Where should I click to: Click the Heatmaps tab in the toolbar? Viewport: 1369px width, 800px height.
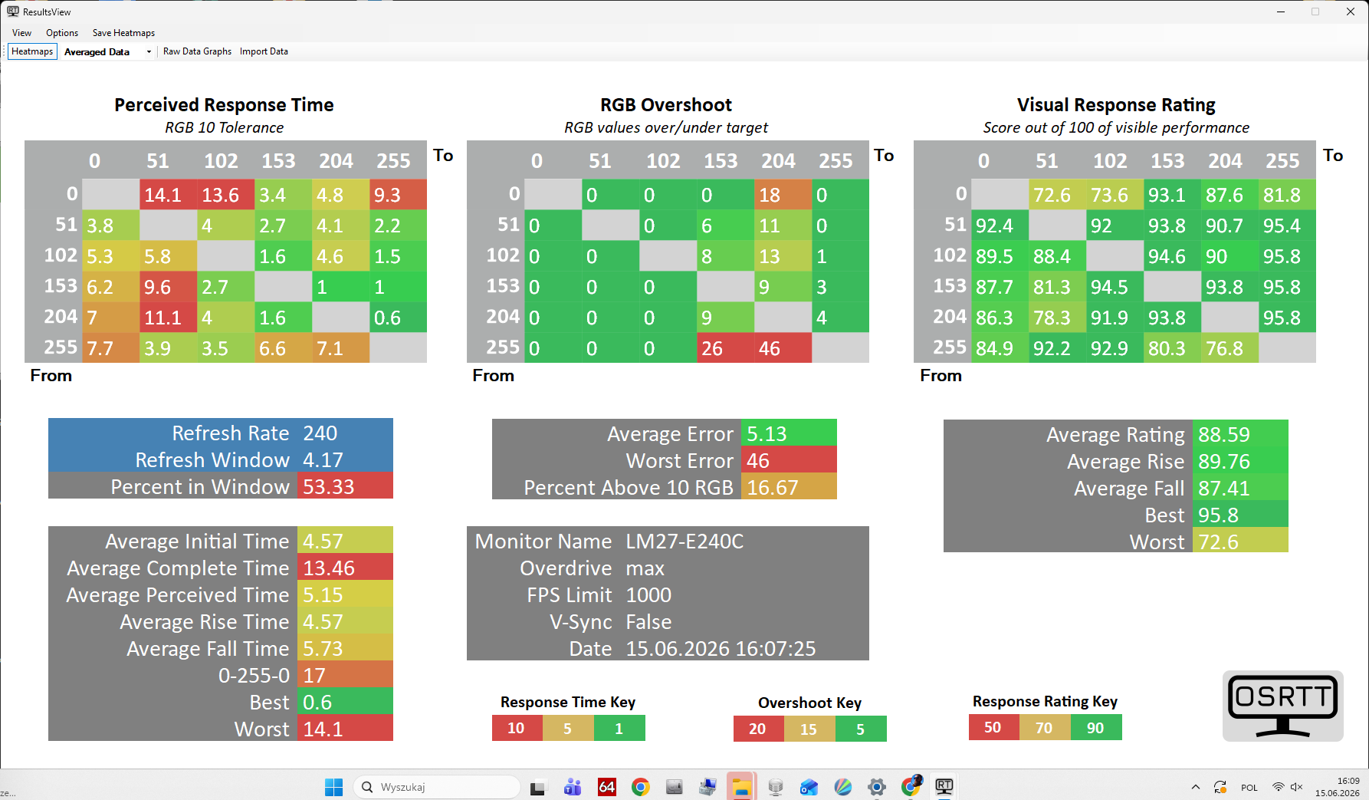(32, 51)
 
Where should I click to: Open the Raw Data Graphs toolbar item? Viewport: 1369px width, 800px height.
(197, 51)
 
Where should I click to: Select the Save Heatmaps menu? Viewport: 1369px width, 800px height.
(123, 33)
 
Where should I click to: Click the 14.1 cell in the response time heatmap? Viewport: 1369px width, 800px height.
(168, 195)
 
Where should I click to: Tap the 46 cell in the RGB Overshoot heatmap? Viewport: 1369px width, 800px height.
(783, 347)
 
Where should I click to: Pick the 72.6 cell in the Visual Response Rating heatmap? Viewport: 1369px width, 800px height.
(1057, 195)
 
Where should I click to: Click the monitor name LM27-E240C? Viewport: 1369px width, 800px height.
(684, 542)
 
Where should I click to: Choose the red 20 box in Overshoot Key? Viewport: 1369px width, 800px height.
(758, 729)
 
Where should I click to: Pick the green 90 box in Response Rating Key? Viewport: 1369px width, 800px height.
(1096, 727)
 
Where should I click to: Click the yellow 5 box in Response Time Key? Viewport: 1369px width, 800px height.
(568, 728)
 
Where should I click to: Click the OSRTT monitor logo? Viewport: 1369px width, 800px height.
(1282, 706)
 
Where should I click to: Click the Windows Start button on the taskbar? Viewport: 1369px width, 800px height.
(333, 787)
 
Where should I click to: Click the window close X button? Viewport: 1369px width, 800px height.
(1351, 12)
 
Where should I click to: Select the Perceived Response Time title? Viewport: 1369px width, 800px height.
(224, 105)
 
